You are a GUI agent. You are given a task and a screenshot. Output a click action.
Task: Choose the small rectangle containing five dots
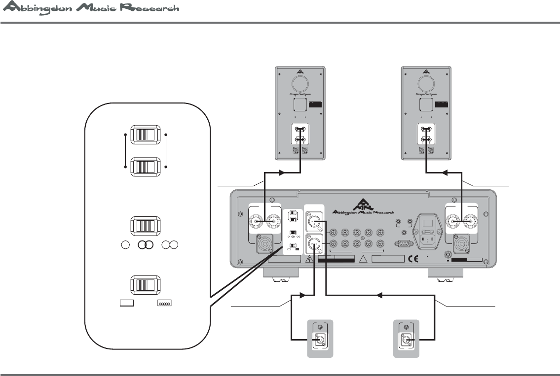coord(164,304)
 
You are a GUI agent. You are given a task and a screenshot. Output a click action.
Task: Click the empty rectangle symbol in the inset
coord(127,304)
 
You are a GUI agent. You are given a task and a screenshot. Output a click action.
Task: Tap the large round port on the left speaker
coord(299,82)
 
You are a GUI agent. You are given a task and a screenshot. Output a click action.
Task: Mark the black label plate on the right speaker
coord(441,104)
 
